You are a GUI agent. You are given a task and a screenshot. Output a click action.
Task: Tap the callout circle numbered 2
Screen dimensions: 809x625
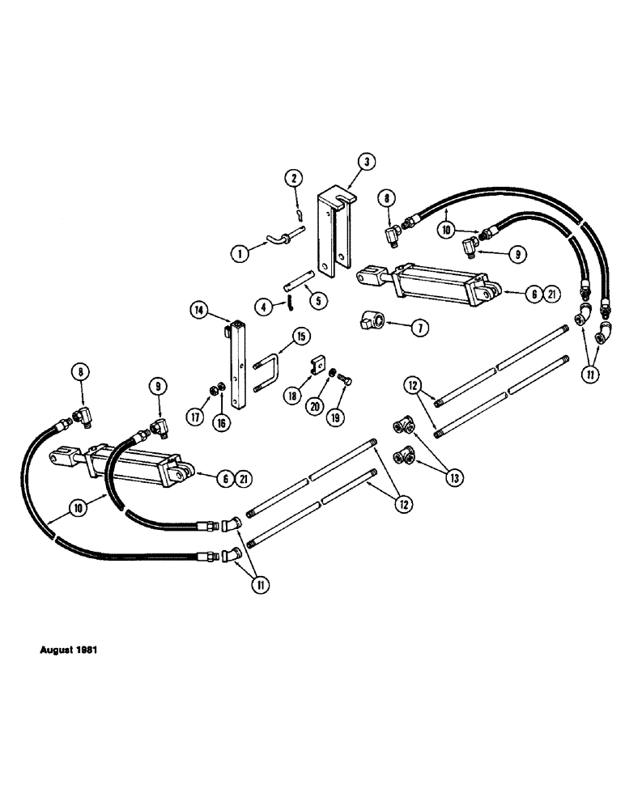[x=295, y=178]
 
